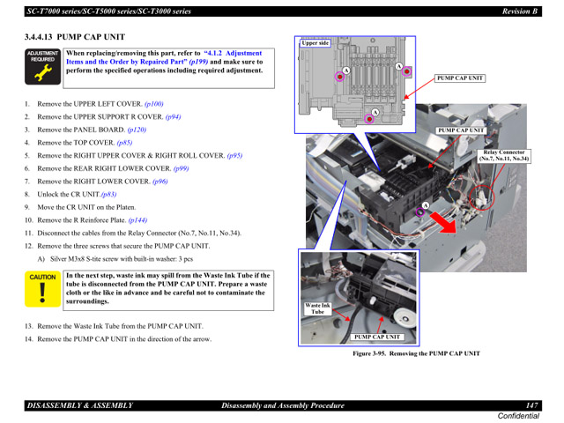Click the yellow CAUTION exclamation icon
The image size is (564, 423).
(41, 290)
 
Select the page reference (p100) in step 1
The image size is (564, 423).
(153, 104)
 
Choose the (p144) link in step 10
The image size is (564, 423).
(137, 220)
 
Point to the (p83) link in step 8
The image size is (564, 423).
(108, 194)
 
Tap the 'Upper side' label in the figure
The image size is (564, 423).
(315, 42)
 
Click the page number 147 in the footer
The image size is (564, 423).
(531, 404)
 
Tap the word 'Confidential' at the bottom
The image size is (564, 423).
(519, 415)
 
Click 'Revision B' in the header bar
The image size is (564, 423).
(515, 11)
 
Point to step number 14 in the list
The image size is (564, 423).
(28, 338)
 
